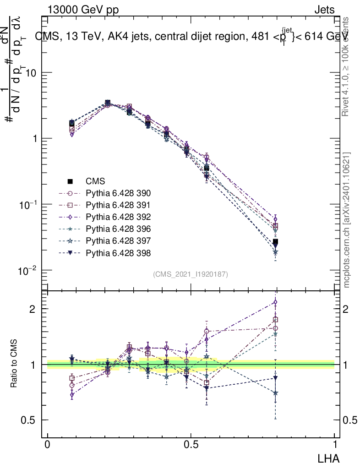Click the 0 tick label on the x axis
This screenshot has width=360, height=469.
(x=48, y=445)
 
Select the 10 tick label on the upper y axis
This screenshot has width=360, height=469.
(x=33, y=73)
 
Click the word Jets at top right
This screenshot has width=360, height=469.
(x=324, y=10)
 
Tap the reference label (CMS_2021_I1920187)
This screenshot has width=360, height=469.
(x=191, y=274)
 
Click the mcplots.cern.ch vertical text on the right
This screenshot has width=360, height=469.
(x=347, y=220)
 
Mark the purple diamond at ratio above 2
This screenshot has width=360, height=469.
(x=275, y=302)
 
